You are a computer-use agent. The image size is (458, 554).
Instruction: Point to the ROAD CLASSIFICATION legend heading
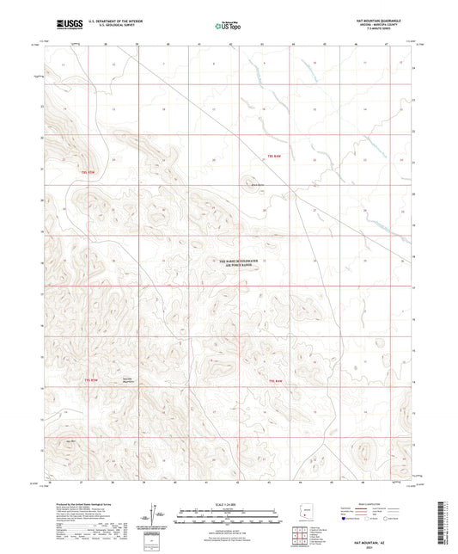[x=376, y=504]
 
